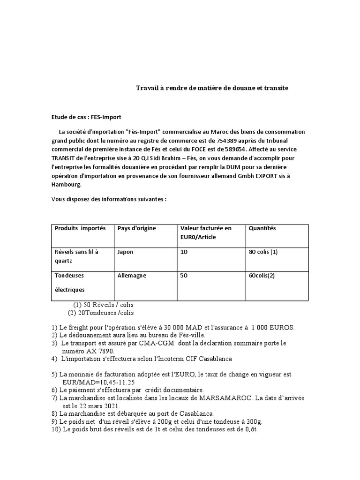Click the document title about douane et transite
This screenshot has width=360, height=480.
tap(212, 88)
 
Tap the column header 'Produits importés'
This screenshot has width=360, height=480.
tap(80, 228)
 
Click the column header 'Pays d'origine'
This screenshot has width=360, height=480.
tap(137, 228)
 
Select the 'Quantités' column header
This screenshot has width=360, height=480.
tap(262, 228)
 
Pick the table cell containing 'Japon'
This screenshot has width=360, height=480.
tap(126, 252)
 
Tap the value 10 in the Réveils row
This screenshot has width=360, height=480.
tap(184, 252)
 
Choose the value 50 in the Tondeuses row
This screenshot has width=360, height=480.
tap(184, 276)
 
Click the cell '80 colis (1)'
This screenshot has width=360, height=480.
tap(263, 252)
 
